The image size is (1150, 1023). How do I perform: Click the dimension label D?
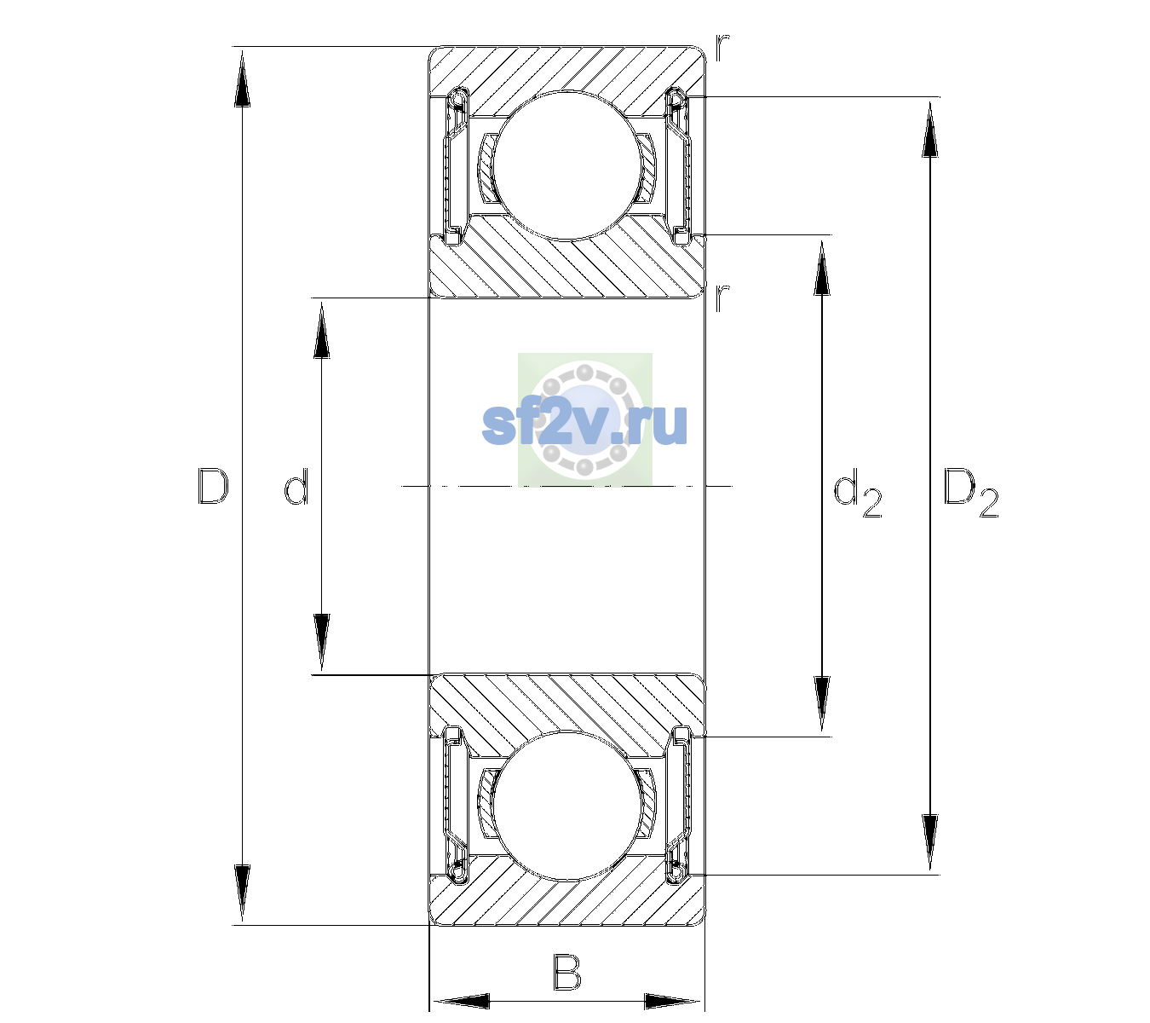click(213, 486)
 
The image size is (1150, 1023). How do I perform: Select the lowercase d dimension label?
click(296, 486)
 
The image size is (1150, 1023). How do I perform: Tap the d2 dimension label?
click(857, 492)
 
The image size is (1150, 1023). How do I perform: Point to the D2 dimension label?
click(970, 492)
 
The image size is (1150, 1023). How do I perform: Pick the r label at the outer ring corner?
click(722, 48)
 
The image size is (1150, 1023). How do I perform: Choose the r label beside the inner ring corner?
click(722, 297)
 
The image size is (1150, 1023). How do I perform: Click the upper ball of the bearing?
click(566, 165)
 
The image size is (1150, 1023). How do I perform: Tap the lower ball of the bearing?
click(566, 806)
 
